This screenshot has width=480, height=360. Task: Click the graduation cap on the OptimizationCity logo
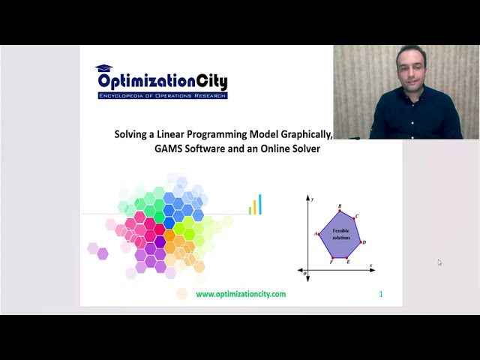pos(103,68)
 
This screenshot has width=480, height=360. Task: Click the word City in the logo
pos(205,82)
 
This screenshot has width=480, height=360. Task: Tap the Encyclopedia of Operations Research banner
pos(162,96)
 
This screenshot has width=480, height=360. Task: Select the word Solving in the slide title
pos(131,135)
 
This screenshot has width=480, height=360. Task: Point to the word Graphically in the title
pos(304,135)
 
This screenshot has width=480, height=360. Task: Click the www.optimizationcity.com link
pos(241,294)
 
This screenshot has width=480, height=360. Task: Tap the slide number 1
pos(381,294)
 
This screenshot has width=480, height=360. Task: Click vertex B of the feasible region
pos(340,211)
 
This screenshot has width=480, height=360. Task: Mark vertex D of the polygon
pos(360,241)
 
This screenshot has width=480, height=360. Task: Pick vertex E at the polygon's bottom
pos(347,257)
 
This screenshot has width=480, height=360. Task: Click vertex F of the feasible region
pos(331,257)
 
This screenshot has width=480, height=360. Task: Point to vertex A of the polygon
pos(319,234)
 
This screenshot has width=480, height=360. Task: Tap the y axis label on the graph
pos(311,199)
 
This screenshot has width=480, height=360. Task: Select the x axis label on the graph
pos(370,265)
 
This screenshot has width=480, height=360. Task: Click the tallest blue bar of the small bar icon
pos(260,204)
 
